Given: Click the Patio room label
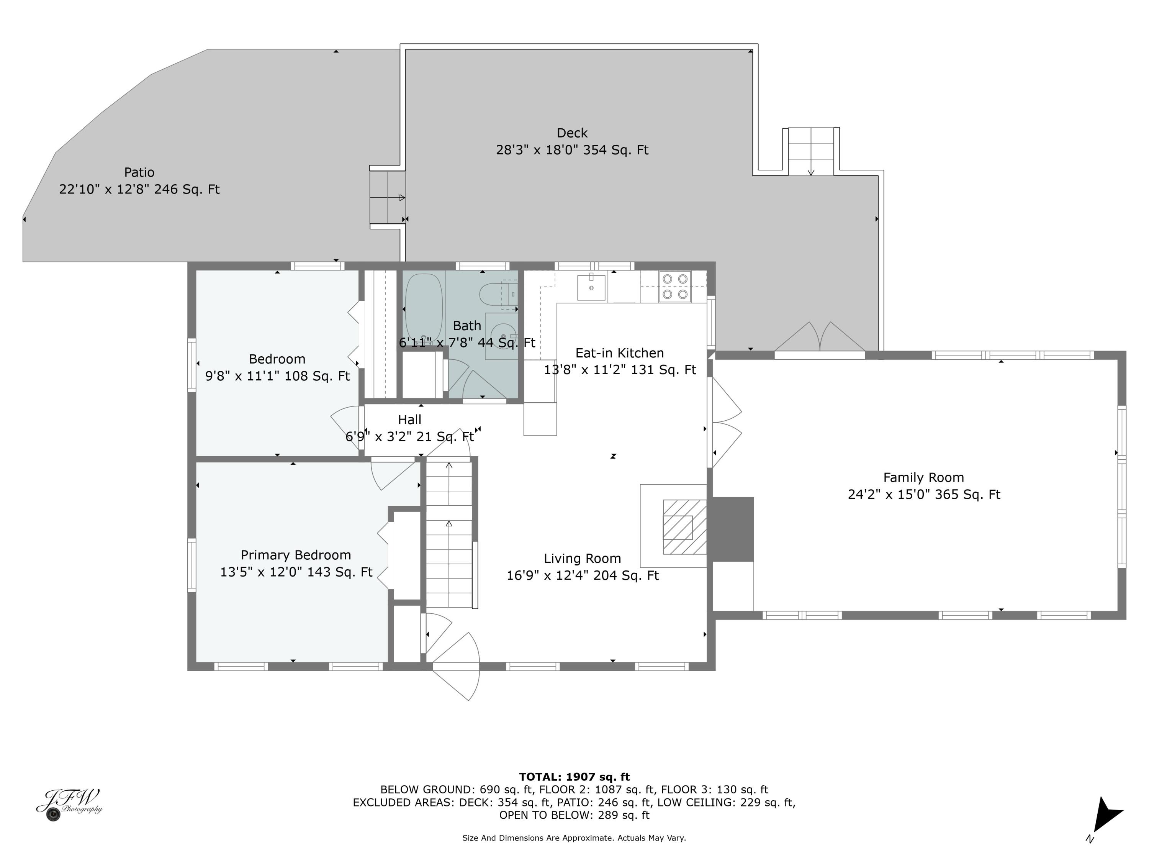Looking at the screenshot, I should coord(139,172).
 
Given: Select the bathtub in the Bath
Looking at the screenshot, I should coord(423,308).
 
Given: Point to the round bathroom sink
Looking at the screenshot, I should coord(502,335).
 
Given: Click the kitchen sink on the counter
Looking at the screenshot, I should coord(591,288).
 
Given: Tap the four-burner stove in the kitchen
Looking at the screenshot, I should coord(675,286).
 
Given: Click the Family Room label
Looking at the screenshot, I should coord(923,477).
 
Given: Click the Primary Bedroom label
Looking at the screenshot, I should coord(296,555).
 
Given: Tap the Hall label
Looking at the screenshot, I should coord(409,419).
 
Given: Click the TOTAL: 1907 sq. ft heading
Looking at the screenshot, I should coord(574,777).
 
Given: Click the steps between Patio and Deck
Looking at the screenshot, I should coord(387,197).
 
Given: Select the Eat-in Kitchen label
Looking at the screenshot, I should coord(619,353).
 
